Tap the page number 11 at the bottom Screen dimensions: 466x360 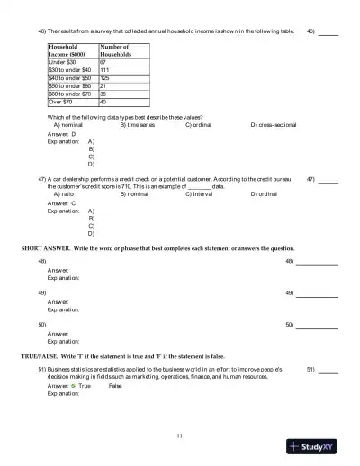click(180, 435)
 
